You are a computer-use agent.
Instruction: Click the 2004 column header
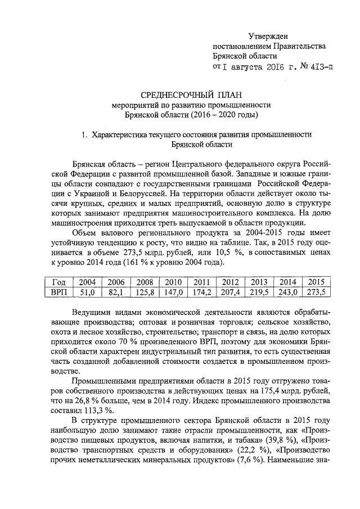click(x=87, y=282)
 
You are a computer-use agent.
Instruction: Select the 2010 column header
click(x=173, y=282)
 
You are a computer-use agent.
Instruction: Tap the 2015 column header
click(x=317, y=282)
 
